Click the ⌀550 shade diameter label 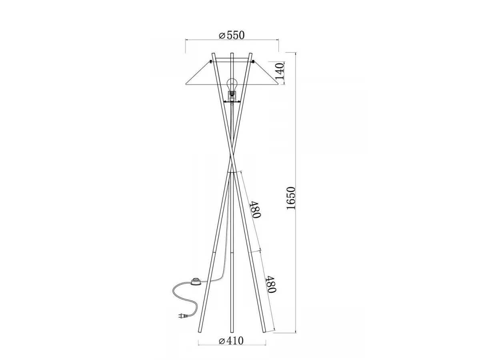(x=232, y=35)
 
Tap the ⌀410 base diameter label (x=231, y=340)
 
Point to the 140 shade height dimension (x=280, y=71)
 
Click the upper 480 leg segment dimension (x=255, y=209)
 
